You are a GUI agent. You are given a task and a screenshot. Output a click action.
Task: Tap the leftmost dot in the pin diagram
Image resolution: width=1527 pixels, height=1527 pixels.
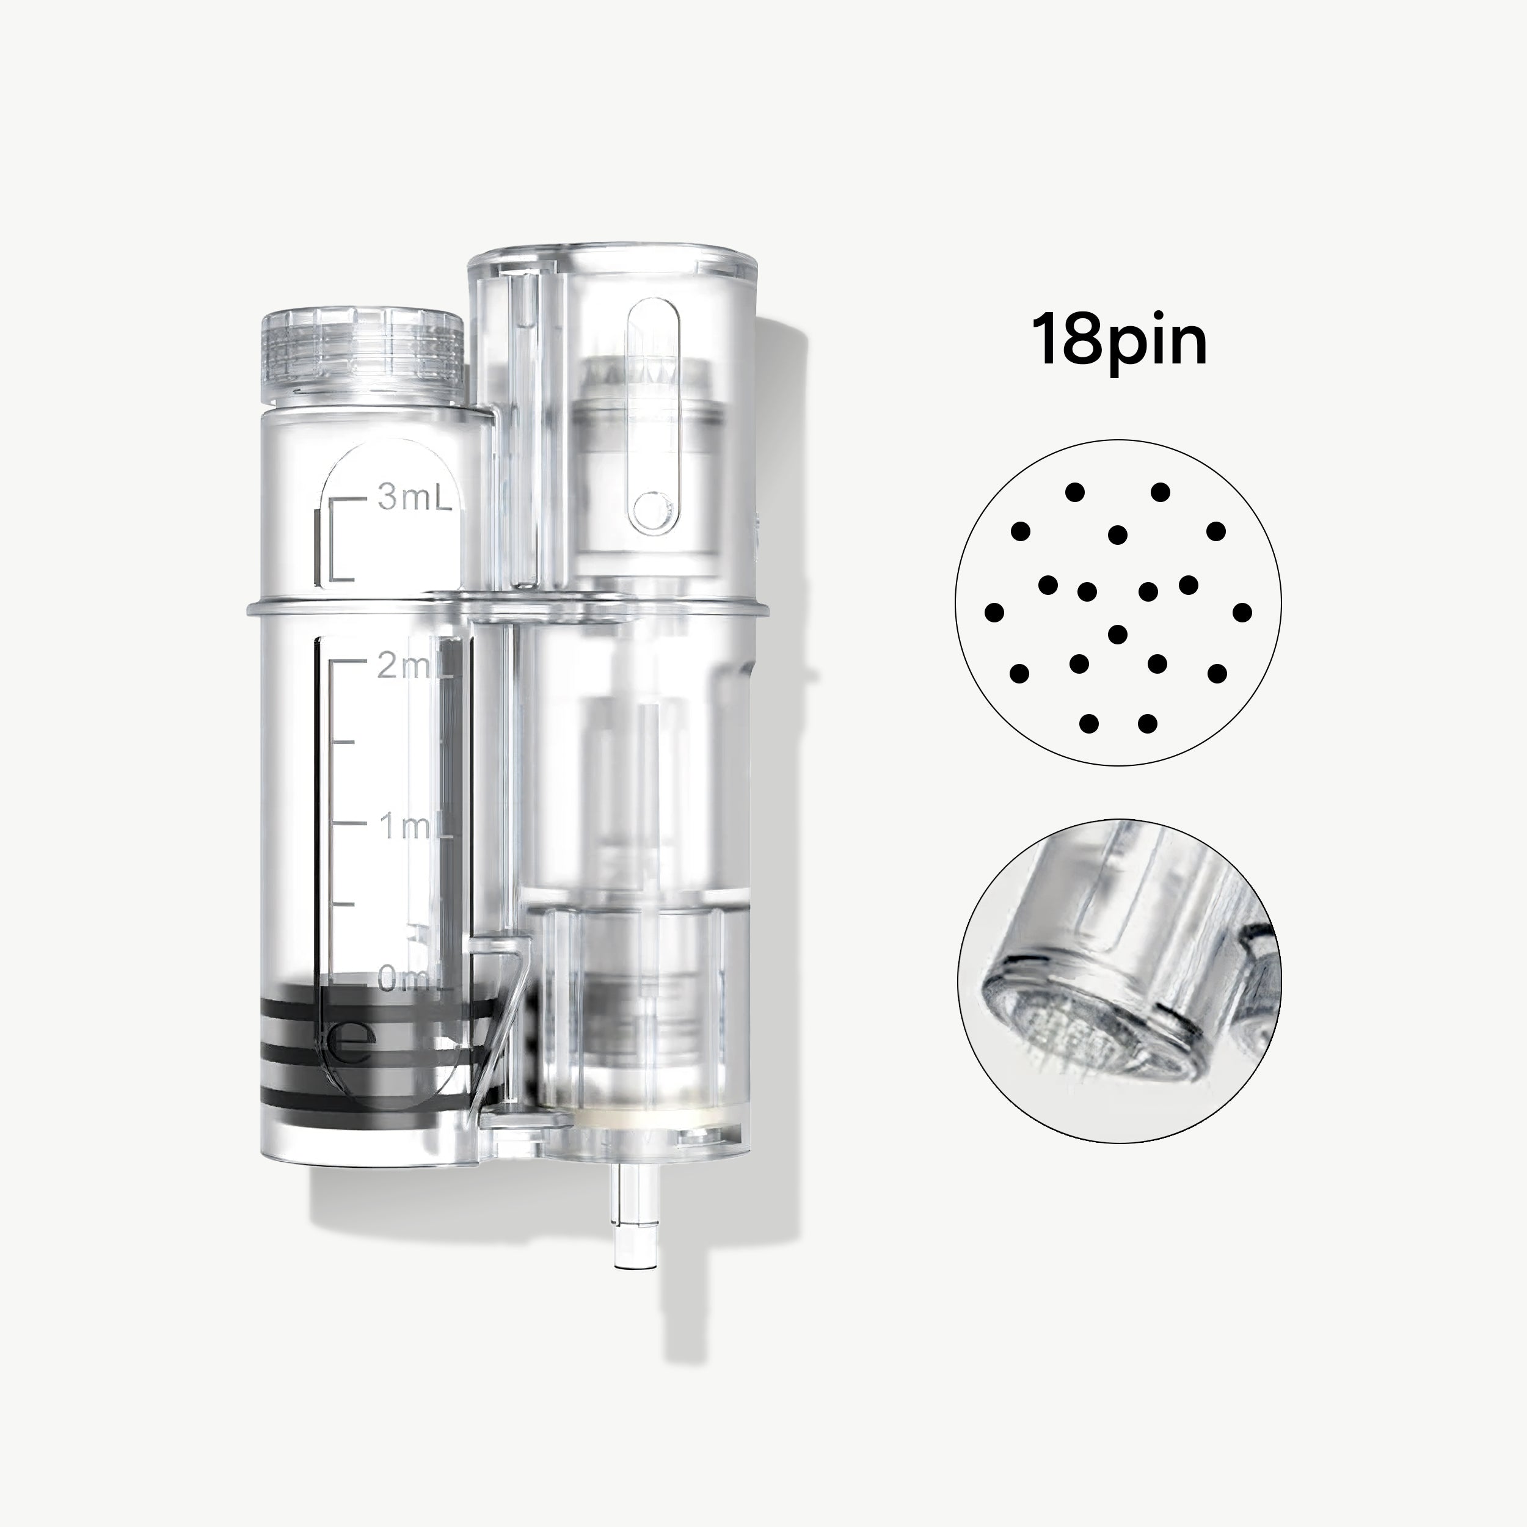point(995,612)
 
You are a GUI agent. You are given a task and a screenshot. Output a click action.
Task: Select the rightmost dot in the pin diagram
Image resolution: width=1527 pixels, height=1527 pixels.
point(1242,612)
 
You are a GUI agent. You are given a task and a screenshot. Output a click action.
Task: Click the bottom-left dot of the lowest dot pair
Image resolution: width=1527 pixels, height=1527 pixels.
point(1088,723)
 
